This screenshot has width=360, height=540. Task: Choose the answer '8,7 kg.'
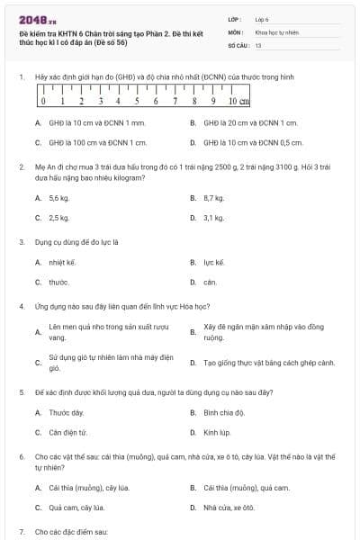213,197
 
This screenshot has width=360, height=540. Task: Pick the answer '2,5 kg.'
58,218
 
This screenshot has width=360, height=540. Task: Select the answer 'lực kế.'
213,262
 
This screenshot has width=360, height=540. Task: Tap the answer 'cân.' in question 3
210,283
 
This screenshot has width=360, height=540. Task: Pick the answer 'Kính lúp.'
217,433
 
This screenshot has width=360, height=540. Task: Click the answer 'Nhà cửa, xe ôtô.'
229,508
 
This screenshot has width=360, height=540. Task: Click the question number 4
21,306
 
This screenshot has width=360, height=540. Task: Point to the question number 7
21,532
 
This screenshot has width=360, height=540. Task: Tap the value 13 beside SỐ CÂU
258,44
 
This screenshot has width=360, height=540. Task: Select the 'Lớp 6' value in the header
262,19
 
